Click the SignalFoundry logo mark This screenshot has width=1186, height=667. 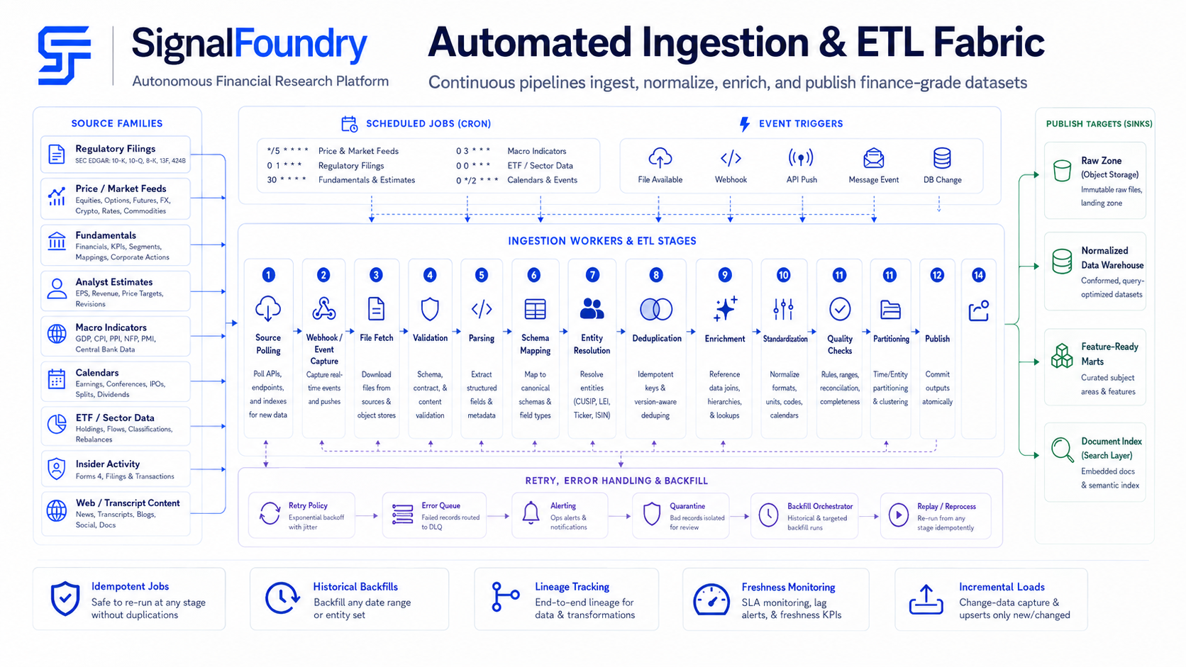(64, 55)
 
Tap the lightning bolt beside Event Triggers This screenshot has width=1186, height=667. (744, 124)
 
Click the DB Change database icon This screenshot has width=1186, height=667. (942, 158)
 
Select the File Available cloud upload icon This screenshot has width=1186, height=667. (660, 157)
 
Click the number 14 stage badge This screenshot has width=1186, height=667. (978, 275)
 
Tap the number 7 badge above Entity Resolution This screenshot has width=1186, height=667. (592, 275)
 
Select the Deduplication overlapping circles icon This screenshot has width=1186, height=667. (656, 310)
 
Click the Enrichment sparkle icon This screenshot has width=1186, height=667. (725, 309)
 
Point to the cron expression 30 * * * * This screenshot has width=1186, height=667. (287, 180)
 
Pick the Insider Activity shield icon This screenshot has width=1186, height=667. (57, 469)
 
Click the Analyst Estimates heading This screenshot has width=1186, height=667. (113, 282)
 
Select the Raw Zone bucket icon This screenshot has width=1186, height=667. (1062, 171)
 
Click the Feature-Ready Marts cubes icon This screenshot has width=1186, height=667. (1062, 356)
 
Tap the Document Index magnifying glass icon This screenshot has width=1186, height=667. (1062, 449)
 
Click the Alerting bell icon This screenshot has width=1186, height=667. (531, 513)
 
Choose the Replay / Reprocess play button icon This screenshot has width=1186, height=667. (899, 515)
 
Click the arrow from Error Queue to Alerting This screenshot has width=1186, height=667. (498, 516)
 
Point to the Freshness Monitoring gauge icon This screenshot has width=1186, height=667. (711, 600)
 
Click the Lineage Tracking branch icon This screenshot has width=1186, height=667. (504, 597)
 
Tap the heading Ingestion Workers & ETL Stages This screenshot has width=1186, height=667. (602, 241)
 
